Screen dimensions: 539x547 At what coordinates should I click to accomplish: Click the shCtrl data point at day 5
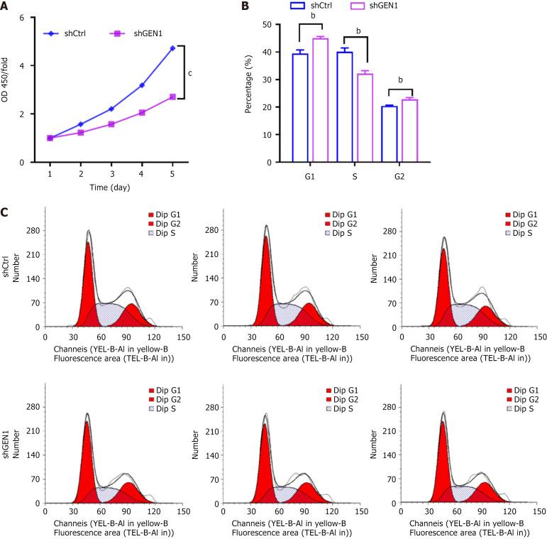point(172,48)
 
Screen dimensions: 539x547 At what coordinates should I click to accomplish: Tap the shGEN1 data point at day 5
point(172,97)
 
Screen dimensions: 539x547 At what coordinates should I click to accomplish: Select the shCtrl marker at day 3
point(111,109)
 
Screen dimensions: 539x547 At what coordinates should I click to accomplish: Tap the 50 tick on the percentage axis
point(267,24)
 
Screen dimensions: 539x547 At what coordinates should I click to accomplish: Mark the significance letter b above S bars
point(359,31)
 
